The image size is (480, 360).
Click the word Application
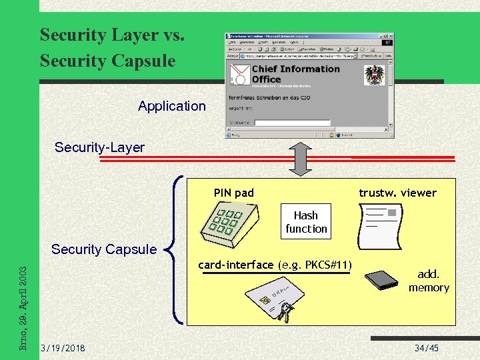coord(172,106)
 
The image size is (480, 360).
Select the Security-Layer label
coord(99,147)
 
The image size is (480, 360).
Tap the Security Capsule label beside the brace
coord(103,249)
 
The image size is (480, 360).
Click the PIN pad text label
coord(233,193)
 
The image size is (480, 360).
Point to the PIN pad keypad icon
coord(227,224)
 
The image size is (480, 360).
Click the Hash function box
coord(306,222)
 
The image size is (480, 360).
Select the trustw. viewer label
coord(397,193)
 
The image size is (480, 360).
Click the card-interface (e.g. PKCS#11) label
coord(275,265)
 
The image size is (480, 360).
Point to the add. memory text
coord(429,281)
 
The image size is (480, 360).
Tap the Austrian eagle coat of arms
coord(375,75)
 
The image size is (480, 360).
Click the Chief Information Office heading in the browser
coord(295,74)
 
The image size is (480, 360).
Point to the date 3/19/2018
coord(63,349)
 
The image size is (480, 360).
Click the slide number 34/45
coord(427,349)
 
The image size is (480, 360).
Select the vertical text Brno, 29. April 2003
coord(23,307)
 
